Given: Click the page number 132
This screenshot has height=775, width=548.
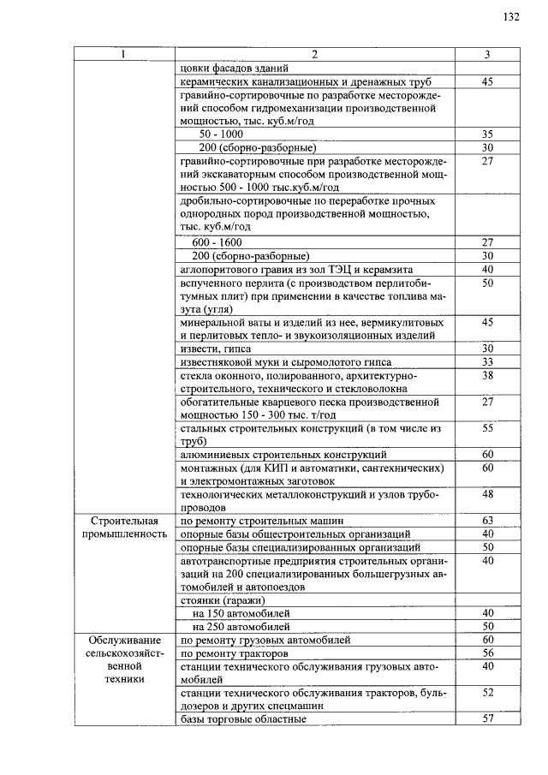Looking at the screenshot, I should pos(512,17).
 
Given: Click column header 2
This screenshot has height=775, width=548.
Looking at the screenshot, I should pos(314,55).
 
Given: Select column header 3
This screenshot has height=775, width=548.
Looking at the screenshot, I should pos(487,55).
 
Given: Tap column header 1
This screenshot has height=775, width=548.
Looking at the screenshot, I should pos(123,55).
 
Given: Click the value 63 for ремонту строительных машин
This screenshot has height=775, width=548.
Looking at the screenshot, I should pos(488,521).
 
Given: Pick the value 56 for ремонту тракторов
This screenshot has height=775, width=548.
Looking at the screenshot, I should pos(488,653).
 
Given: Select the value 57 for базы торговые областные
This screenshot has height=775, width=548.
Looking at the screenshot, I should pos(488,718).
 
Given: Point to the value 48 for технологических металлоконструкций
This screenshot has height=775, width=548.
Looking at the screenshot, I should pos(488,494).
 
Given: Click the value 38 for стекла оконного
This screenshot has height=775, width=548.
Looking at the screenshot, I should pos(488,375).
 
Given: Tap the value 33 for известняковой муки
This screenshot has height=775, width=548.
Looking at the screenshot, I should pos(488,361).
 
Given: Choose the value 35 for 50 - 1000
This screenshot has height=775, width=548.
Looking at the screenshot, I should pos(488,134).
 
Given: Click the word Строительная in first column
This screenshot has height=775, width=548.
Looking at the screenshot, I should pos(123,521).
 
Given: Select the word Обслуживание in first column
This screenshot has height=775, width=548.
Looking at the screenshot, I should pos(123,640).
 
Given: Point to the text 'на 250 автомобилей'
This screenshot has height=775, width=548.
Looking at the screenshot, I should pos(241,626).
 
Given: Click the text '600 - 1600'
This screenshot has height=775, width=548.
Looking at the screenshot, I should pos(217,242).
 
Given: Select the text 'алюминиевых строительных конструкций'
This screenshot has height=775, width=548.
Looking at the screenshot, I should pos(283,454).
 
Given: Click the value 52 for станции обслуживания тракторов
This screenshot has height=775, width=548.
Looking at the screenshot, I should pos(488,692).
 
